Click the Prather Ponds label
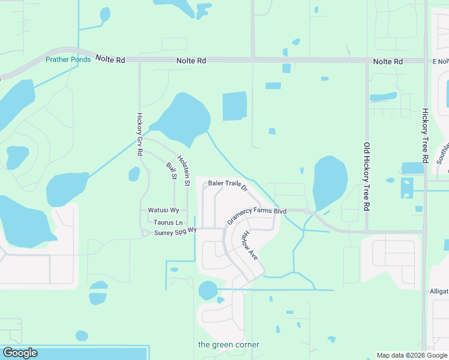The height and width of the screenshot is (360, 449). tap(68, 59)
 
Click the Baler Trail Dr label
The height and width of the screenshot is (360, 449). tap(228, 185)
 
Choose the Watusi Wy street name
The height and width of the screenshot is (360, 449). tap(163, 211)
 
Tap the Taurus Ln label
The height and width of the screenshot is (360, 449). tap(163, 222)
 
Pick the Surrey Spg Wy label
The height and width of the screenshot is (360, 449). tap(175, 232)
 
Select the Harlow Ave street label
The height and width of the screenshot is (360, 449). tap(248, 246)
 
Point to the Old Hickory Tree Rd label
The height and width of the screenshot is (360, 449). tap(366, 176)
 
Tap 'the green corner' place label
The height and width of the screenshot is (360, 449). tap(229, 344)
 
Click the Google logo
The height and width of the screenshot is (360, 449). tap(20, 353)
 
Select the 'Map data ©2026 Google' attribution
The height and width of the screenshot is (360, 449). tap(412, 355)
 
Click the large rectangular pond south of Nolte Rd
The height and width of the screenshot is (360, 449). tap(235, 106)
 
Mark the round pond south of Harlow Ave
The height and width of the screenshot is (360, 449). tap(208, 290)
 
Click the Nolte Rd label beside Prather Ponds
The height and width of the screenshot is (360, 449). tap(112, 60)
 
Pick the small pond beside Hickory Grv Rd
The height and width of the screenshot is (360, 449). tap(134, 174)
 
